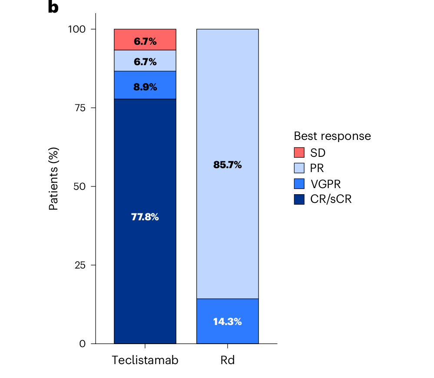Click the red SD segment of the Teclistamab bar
[x=145, y=40]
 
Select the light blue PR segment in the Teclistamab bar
[x=145, y=60]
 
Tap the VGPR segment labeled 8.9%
[x=145, y=85]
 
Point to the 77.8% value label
[x=145, y=217]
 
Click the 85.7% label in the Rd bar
[x=228, y=165]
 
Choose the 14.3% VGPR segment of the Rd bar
[x=228, y=321]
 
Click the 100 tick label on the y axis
[x=76, y=29]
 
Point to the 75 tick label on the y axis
[x=80, y=108]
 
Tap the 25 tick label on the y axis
[x=80, y=265]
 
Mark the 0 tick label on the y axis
[x=83, y=344]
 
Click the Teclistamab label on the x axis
[x=145, y=360]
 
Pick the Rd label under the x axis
[x=228, y=360]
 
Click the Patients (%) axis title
[x=53, y=179]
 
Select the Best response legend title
[x=332, y=136]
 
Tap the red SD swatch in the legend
[x=299, y=153]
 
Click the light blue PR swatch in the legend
[x=299, y=168]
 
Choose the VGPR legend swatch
[x=299, y=184]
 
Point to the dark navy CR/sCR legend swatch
[x=299, y=199]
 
